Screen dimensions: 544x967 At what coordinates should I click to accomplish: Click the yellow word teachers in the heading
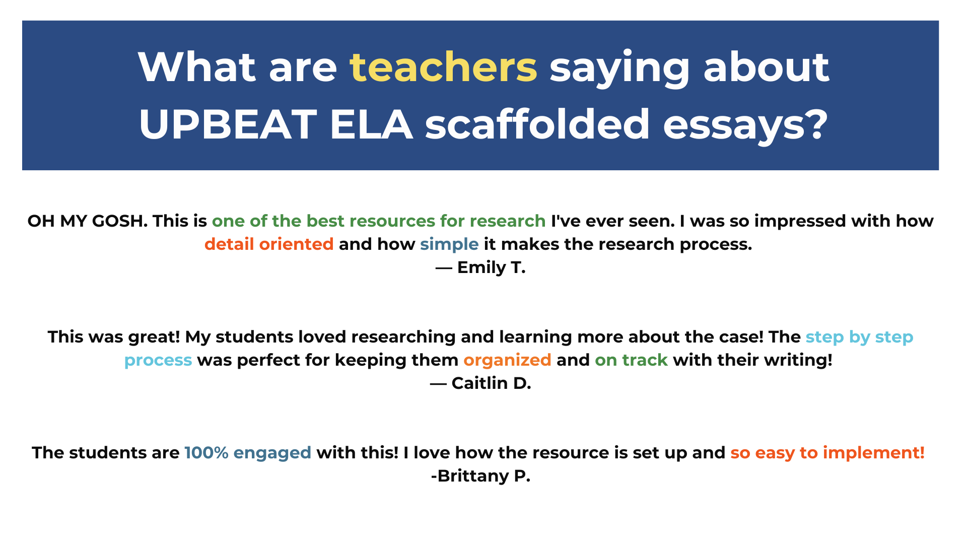coord(443,67)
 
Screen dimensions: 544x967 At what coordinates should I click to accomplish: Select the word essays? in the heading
coord(745,124)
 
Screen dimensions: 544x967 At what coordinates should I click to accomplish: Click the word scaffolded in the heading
coord(537,124)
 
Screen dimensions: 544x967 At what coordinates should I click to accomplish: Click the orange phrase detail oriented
coord(269,244)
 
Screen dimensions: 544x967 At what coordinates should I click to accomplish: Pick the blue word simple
coord(449,244)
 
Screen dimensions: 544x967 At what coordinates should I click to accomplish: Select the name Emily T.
coord(491,267)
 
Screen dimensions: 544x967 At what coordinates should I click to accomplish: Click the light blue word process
coord(158,360)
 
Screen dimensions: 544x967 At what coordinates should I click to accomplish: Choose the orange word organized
coord(507,360)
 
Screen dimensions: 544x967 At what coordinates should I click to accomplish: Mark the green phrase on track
coord(631,360)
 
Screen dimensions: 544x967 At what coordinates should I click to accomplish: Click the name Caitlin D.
coord(491,383)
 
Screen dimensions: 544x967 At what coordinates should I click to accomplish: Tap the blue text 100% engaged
coord(248,453)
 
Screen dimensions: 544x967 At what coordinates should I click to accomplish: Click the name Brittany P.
coord(483,476)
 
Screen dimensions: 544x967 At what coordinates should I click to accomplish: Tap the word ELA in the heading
coord(371,124)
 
